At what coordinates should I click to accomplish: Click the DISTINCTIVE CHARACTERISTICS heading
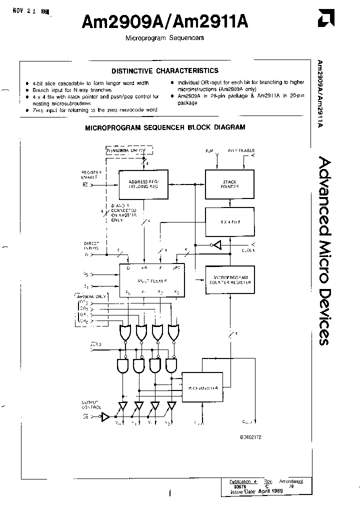[164, 71]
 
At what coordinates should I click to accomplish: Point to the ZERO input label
[96, 345]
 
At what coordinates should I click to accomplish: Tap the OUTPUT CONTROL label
[90, 404]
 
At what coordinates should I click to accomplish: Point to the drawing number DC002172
[250, 436]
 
